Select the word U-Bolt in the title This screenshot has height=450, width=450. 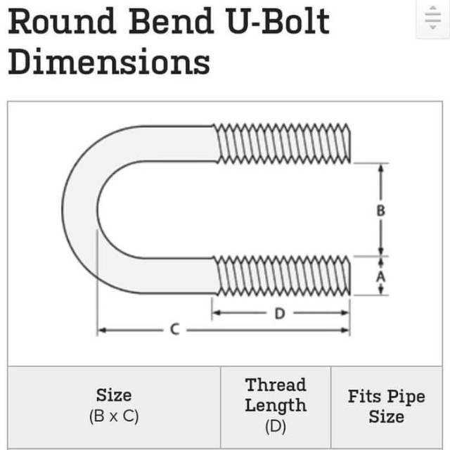pos(277,23)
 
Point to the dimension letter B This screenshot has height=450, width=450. pos(380,210)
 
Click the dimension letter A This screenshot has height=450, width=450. pos(380,276)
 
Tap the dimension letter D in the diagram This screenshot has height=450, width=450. pos(279,313)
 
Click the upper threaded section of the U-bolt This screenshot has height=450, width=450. pos(281,143)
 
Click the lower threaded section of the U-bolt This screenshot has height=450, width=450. pos(281,275)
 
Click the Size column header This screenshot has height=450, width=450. pos(114,395)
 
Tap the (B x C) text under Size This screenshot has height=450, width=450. pos(114,416)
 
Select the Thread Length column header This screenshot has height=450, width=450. pos(276,395)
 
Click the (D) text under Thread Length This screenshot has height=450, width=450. pos(276,426)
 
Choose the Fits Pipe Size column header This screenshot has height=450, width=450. pos(386,406)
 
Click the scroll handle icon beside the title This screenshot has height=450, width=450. pos(432,19)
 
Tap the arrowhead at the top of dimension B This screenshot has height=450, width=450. pos(380,169)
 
